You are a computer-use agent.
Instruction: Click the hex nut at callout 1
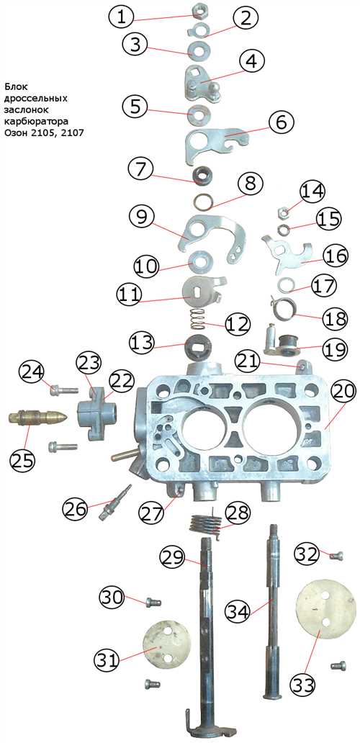click(x=199, y=9)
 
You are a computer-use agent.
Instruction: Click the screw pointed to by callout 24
click(x=63, y=390)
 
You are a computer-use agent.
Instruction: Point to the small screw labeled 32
click(x=337, y=556)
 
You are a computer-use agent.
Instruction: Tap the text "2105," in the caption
click(x=40, y=133)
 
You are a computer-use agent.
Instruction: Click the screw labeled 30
click(x=153, y=603)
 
